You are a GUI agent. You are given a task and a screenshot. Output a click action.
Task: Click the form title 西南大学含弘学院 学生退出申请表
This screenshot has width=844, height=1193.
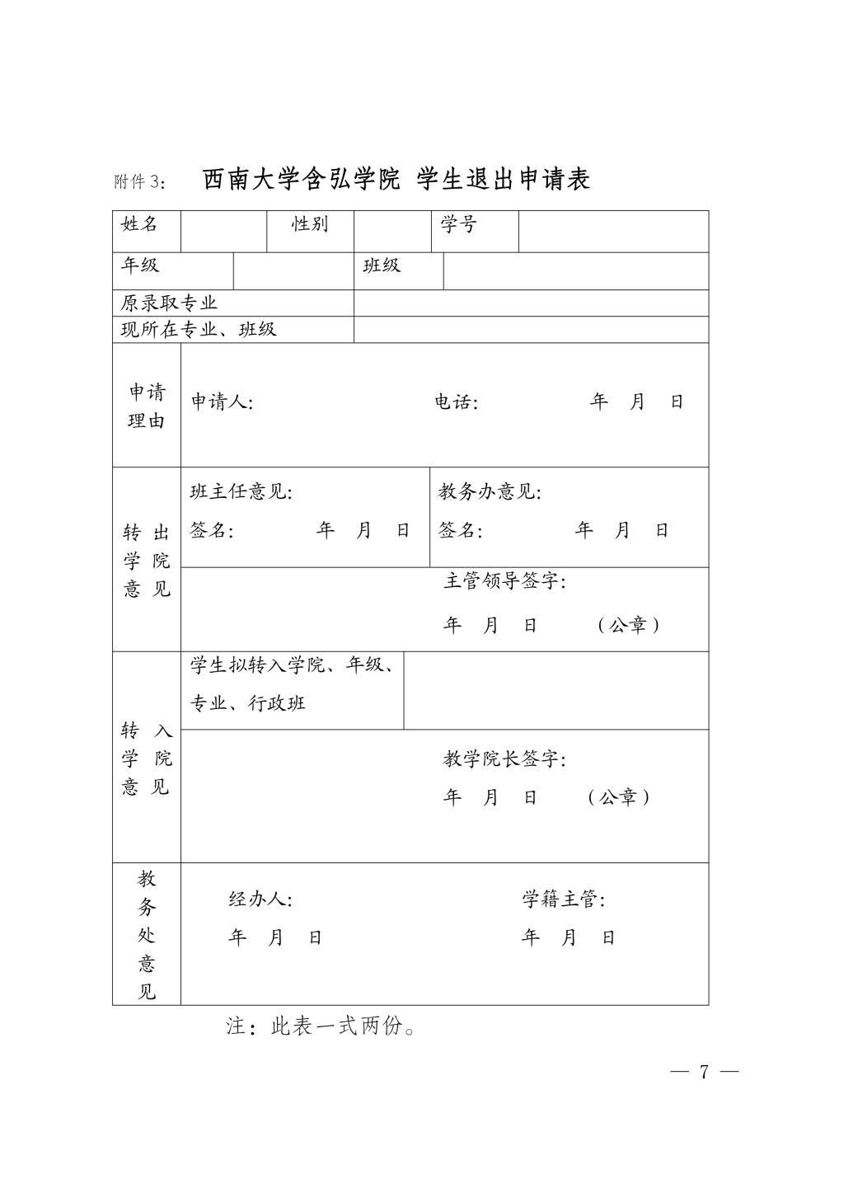tap(396, 179)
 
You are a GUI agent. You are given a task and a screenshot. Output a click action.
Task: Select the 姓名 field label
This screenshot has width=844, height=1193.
tap(139, 224)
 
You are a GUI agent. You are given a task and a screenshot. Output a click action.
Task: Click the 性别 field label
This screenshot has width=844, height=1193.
tap(310, 224)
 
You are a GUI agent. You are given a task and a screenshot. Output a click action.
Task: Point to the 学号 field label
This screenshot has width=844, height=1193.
tap(458, 224)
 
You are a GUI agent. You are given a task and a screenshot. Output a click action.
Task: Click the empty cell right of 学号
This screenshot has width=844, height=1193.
tap(613, 231)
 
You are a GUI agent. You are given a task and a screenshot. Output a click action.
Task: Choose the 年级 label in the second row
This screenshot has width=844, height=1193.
tap(140, 265)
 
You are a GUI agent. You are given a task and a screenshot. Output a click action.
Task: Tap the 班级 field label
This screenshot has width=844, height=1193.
tap(382, 265)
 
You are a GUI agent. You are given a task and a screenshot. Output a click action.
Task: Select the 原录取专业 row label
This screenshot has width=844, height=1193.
tap(169, 303)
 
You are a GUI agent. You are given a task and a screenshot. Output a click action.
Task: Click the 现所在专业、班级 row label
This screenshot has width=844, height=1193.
tap(199, 330)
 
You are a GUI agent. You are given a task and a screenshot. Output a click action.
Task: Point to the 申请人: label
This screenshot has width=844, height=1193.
tap(222, 402)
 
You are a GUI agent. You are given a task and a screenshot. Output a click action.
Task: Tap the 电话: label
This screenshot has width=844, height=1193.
tap(456, 402)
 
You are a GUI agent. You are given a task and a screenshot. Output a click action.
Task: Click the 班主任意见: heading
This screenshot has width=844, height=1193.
tap(241, 492)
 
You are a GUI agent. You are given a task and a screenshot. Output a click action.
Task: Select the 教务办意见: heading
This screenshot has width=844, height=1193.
tap(490, 492)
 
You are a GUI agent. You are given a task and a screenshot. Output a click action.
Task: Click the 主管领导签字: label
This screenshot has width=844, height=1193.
tap(504, 581)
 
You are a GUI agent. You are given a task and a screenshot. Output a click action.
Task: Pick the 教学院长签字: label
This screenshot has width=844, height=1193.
tap(504, 759)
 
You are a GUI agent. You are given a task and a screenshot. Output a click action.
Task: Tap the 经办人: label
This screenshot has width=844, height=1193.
tap(260, 899)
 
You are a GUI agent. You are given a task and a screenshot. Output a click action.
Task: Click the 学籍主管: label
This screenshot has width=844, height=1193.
tap(563, 899)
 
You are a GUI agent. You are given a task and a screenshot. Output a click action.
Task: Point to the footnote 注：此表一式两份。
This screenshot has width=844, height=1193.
tap(321, 1026)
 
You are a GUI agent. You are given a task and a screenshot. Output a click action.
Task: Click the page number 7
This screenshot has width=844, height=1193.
tap(704, 1072)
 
